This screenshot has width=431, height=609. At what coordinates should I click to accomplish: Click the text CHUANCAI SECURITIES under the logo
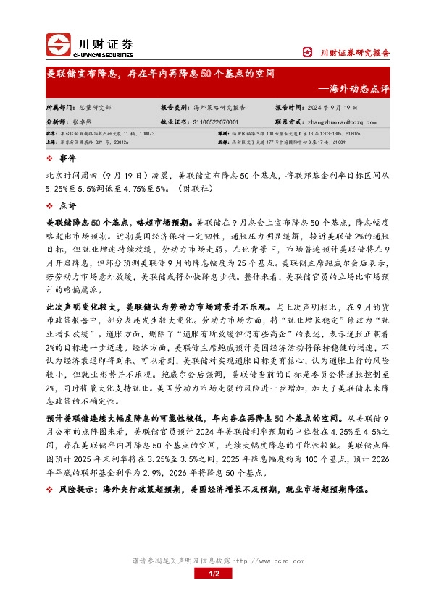pos(104,54)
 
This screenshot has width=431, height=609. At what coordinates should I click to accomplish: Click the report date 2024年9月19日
pos(337,107)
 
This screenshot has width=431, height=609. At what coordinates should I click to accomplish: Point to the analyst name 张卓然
pos(88,123)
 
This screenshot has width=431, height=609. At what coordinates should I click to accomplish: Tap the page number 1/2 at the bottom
pos(214,574)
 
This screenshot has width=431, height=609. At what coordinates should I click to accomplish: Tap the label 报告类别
pos(175,107)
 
